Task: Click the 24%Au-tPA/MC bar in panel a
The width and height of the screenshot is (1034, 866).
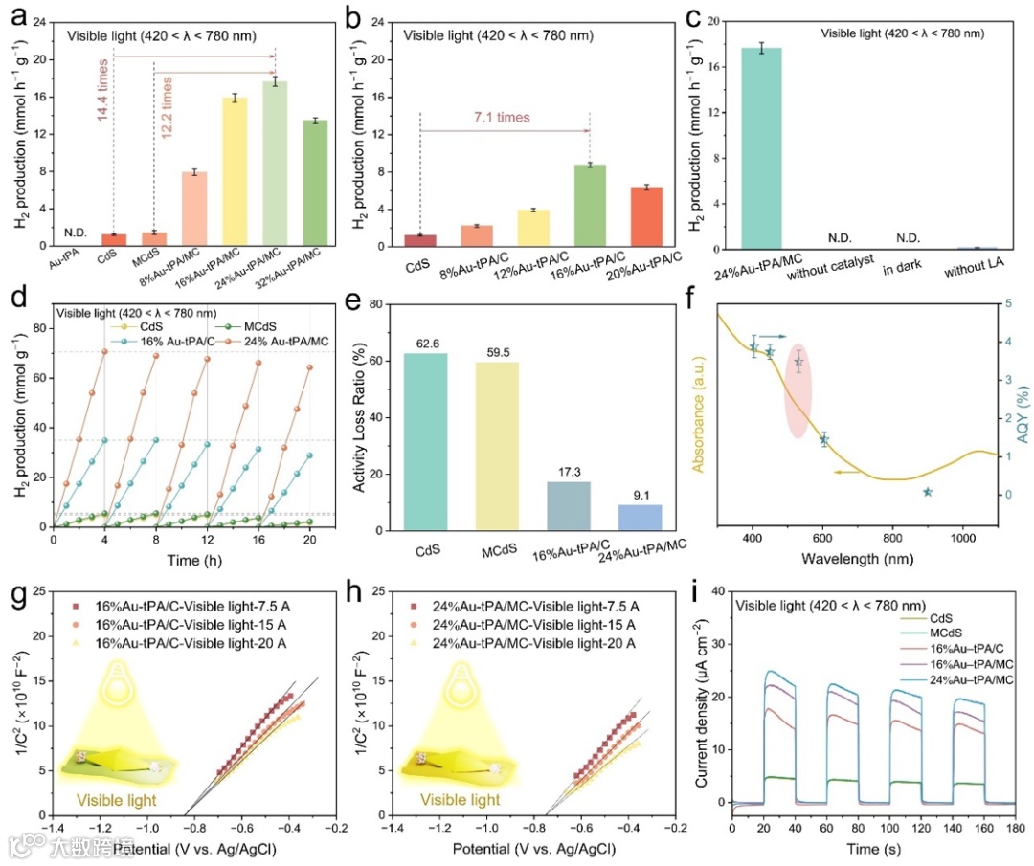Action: point(276,164)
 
